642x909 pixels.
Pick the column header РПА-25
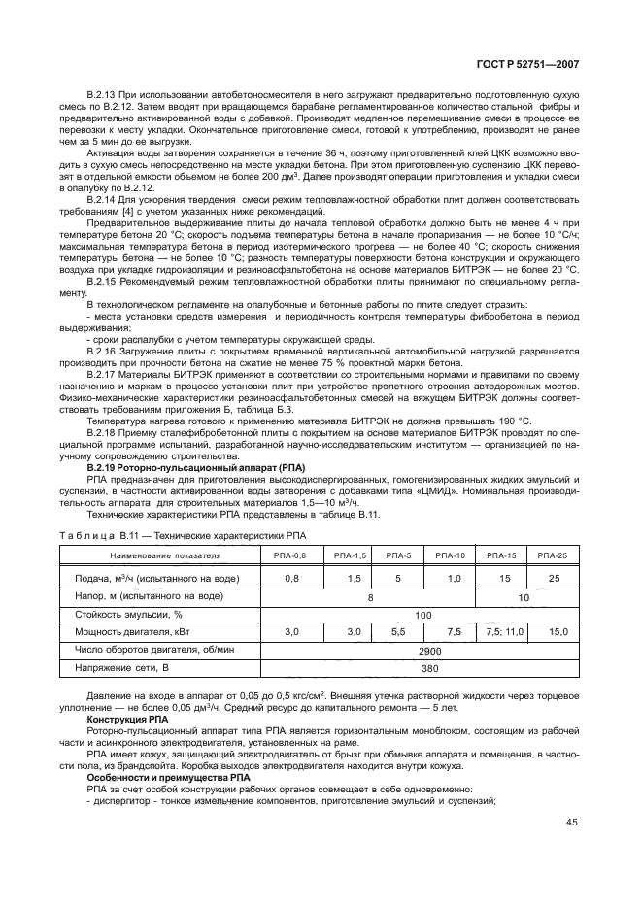click(553, 555)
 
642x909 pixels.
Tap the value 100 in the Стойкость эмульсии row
click(422, 614)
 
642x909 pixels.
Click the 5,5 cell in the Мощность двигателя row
click(397, 632)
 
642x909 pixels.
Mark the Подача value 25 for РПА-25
click(553, 578)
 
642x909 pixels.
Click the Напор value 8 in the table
click(370, 596)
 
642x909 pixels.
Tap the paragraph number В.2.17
click(102, 400)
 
